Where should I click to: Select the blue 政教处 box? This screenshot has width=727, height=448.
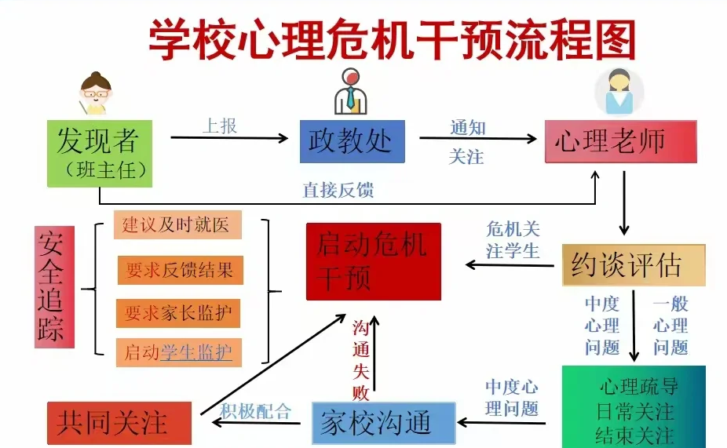[x=351, y=141]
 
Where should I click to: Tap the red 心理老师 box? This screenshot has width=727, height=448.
[x=620, y=141]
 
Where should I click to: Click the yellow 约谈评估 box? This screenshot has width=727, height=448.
[x=633, y=265]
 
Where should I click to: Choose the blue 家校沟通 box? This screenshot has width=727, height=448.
[x=384, y=424]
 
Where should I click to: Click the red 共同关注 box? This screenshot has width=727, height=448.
[x=119, y=424]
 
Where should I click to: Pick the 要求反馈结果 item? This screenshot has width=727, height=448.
[x=180, y=271]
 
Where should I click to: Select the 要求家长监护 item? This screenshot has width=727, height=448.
[x=179, y=313]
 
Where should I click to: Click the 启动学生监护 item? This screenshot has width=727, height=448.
[x=179, y=352]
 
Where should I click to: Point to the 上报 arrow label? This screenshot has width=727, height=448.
[x=221, y=126]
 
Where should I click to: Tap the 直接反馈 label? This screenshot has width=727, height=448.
[x=338, y=190]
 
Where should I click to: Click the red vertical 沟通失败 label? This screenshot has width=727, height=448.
[x=360, y=360]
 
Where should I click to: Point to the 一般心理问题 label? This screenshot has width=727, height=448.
[x=670, y=326]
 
